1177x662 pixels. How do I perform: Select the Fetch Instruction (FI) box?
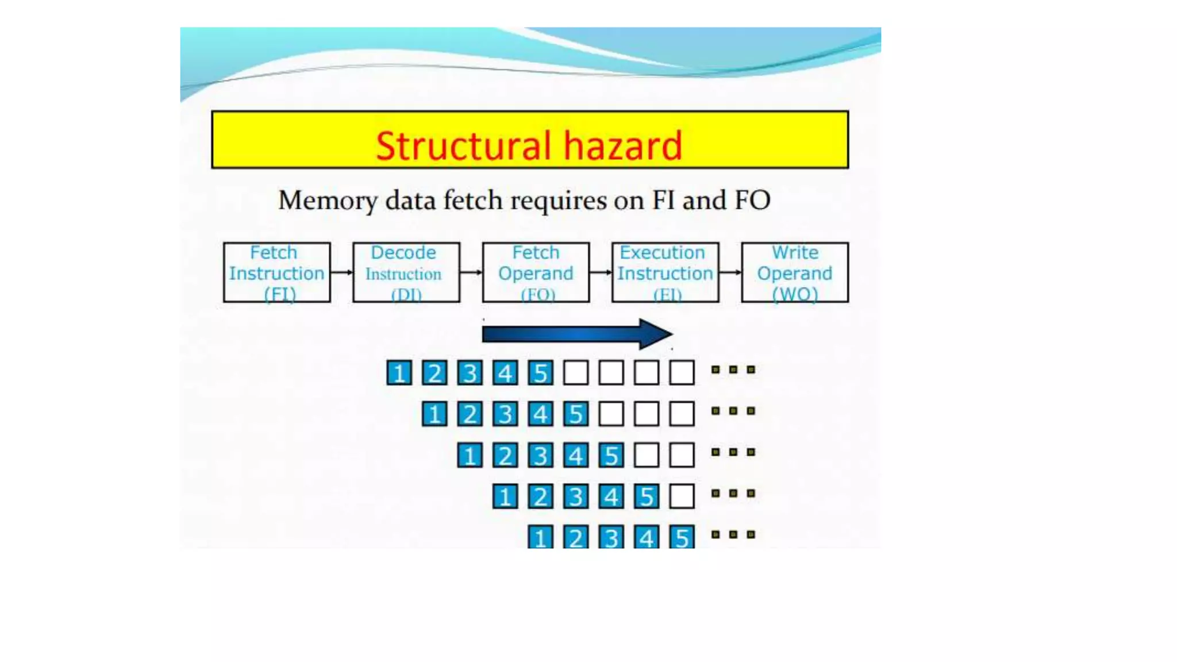pyautogui.click(x=276, y=272)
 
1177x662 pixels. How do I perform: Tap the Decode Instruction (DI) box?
pyautogui.click(x=406, y=272)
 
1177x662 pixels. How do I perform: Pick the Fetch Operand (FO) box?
pyautogui.click(x=536, y=272)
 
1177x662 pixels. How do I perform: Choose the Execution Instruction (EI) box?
pyautogui.click(x=665, y=272)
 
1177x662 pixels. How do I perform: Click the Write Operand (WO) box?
pyautogui.click(x=795, y=272)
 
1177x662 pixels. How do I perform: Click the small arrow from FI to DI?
pyautogui.click(x=341, y=272)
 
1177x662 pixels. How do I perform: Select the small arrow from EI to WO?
pyautogui.click(x=730, y=272)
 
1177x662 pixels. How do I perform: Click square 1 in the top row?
pyautogui.click(x=399, y=373)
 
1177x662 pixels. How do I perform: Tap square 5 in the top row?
pyautogui.click(x=540, y=373)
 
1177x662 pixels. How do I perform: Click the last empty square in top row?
pyautogui.click(x=682, y=373)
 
